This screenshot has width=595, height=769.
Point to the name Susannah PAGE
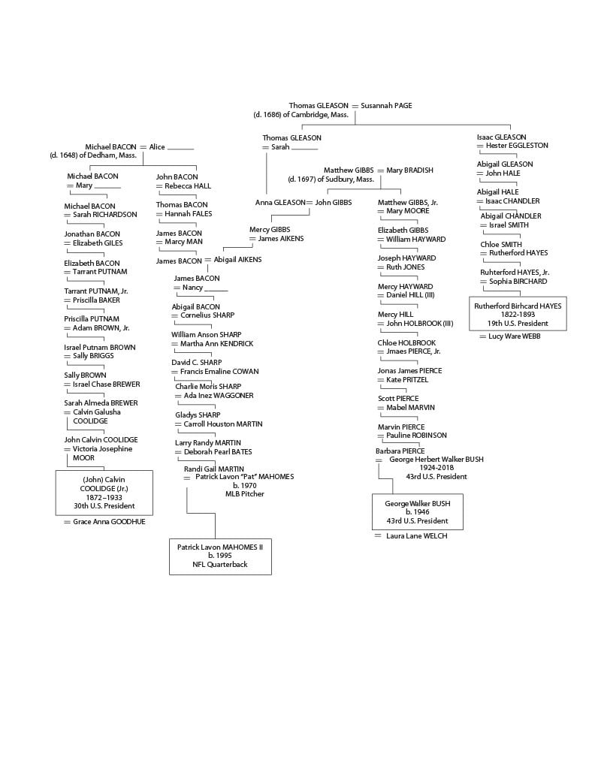(x=386, y=105)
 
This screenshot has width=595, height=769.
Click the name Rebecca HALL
(x=188, y=186)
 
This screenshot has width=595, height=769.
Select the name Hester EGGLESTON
(x=517, y=146)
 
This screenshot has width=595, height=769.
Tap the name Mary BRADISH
(x=409, y=170)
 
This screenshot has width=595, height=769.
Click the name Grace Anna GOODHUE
(x=109, y=522)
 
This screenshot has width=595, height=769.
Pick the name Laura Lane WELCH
(x=416, y=536)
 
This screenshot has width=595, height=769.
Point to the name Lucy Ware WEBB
(x=514, y=336)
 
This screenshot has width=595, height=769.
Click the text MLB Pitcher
(x=244, y=494)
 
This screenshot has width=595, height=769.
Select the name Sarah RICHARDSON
(x=105, y=214)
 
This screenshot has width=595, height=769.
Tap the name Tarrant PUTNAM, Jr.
(x=95, y=291)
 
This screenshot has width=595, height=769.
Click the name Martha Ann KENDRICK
(x=216, y=344)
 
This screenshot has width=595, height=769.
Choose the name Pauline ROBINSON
(x=416, y=435)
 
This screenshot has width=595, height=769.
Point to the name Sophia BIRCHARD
(x=518, y=282)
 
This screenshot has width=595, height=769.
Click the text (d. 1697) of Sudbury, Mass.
(x=331, y=179)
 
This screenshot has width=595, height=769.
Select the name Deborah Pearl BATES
(x=218, y=451)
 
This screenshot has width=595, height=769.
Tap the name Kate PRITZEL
(x=407, y=379)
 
